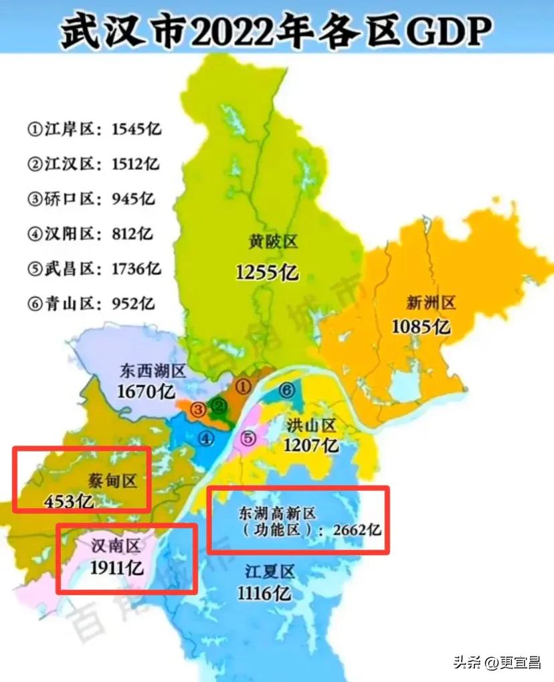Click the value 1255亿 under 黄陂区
[x=268, y=272]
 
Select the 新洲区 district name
[x=431, y=303]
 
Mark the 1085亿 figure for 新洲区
[x=421, y=327]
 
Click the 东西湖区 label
[x=153, y=370]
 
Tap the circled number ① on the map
[x=244, y=386]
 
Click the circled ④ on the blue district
[x=206, y=439]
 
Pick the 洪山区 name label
[x=311, y=425]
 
